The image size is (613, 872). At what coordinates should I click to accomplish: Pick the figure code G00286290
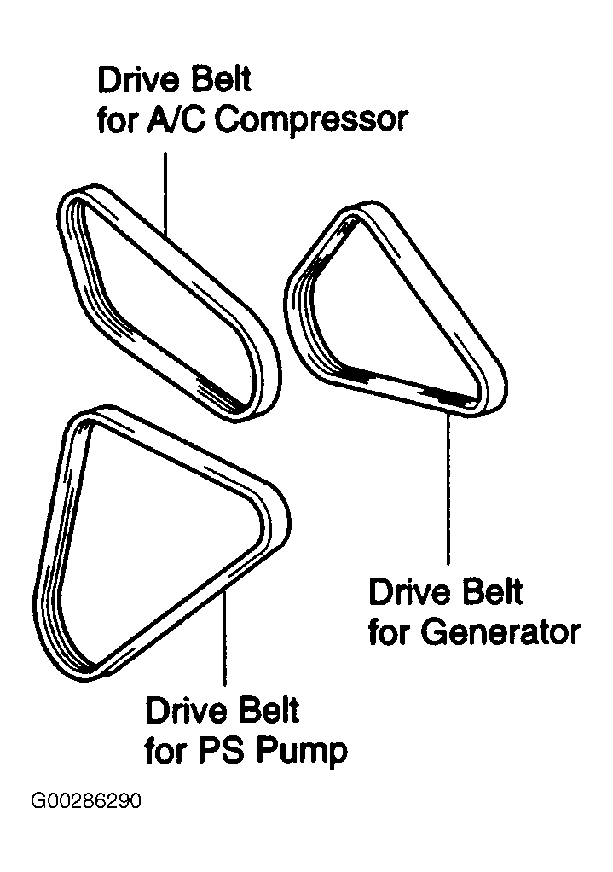[85, 802]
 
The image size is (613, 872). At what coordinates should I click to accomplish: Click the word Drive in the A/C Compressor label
[135, 81]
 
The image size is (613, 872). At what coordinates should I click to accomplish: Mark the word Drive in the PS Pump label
[182, 712]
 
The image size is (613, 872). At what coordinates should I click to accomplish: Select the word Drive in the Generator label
[405, 592]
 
